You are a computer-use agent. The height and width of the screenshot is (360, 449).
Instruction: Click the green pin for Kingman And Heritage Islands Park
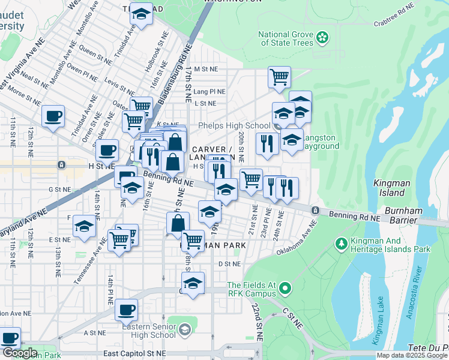341,244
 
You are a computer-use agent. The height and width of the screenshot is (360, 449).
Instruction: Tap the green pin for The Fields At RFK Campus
285,289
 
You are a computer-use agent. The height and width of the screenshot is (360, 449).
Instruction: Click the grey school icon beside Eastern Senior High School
185,328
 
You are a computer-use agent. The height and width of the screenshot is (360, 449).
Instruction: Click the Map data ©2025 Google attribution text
412,355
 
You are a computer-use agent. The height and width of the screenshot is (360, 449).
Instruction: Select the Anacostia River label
412,293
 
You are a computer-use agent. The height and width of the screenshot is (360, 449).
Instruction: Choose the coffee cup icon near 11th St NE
53,116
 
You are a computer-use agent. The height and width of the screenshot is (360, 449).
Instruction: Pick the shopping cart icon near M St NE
279,77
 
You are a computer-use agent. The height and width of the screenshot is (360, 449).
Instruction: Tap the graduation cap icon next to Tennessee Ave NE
85,226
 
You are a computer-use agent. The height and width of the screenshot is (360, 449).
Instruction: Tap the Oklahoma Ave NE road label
297,239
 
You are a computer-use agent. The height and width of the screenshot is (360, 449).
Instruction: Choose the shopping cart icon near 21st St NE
251,179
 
